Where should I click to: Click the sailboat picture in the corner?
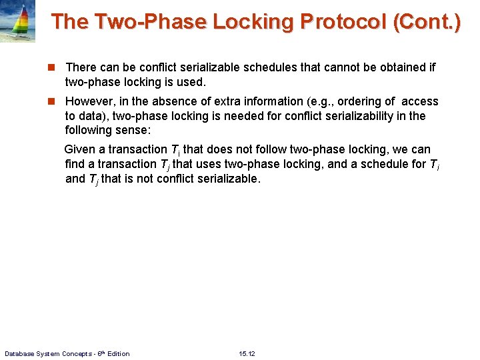tap(18, 21)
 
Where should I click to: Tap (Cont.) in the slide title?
tap(427, 21)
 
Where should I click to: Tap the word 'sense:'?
tap(134, 130)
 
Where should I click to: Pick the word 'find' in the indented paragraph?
tap(75, 164)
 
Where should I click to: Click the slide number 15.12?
tap(247, 353)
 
